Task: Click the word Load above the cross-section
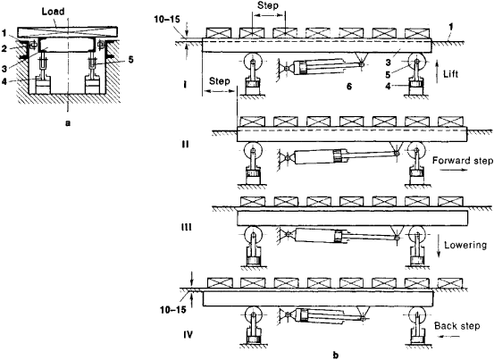click(54, 12)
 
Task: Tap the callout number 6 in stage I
click(349, 86)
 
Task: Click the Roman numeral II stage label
click(185, 145)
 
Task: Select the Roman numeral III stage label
click(186, 227)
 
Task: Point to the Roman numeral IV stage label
click(188, 334)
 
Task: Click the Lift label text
click(450, 74)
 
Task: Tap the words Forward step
click(463, 161)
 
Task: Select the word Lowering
click(465, 245)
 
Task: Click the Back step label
click(456, 326)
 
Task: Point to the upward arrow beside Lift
click(437, 72)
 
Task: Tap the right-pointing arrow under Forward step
click(453, 170)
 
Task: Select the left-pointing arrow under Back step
click(450, 337)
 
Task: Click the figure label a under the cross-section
click(67, 123)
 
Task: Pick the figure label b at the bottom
click(336, 356)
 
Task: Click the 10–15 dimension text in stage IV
click(173, 310)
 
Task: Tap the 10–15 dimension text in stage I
click(167, 20)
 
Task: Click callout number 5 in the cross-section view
click(130, 59)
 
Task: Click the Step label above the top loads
click(268, 5)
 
